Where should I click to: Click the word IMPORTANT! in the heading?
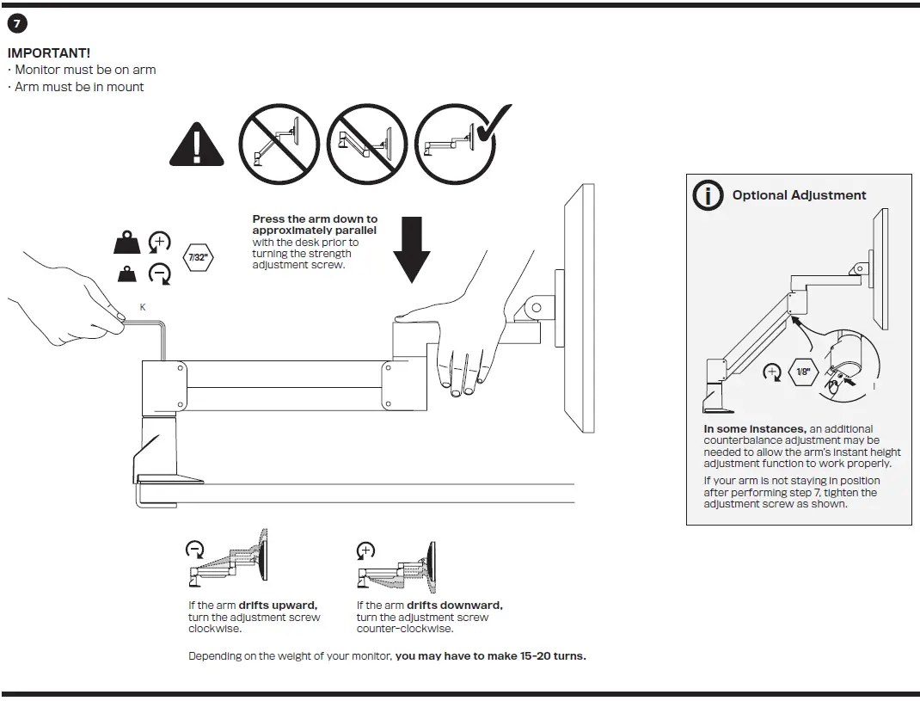(x=49, y=53)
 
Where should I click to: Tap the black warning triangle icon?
(x=197, y=144)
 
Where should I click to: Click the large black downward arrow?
(x=412, y=249)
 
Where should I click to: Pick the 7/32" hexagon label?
(x=197, y=256)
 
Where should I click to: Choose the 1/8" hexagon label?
(x=803, y=372)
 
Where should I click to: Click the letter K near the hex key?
(x=143, y=307)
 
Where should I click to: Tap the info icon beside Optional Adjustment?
(x=708, y=195)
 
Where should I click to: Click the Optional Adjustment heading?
(x=799, y=195)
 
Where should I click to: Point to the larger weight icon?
(x=126, y=243)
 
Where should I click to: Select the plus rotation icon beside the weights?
(x=160, y=243)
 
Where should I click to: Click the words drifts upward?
(x=278, y=606)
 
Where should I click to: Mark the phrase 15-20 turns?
(x=553, y=656)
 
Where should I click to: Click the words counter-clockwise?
(x=404, y=629)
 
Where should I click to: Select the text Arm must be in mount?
(x=79, y=87)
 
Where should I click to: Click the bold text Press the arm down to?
(x=315, y=219)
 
